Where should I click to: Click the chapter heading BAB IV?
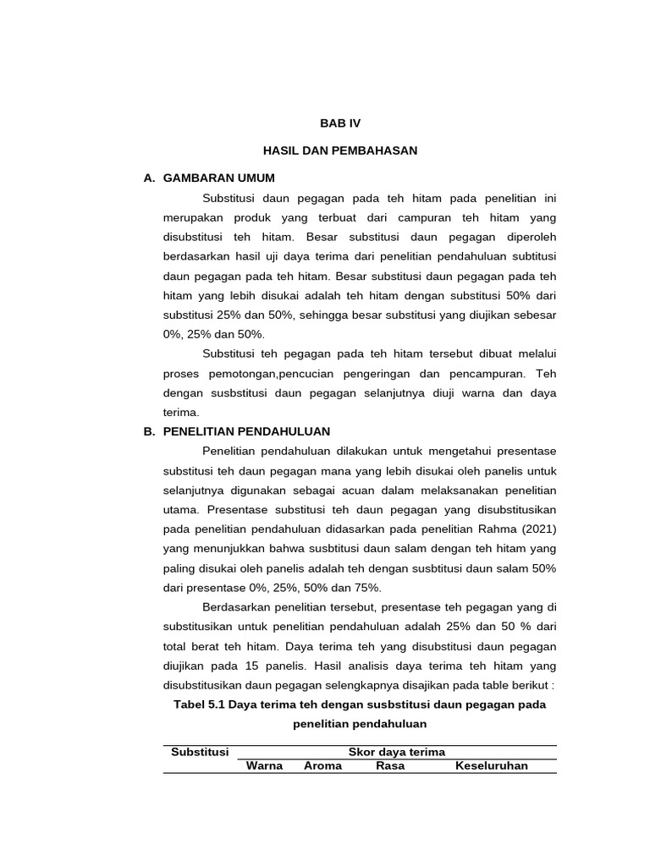point(339,123)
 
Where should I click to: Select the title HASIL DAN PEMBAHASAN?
point(339,150)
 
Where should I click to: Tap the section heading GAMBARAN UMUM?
point(218,178)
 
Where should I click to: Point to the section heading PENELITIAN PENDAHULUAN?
point(246,431)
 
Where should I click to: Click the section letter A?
point(149,178)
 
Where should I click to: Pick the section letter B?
point(149,431)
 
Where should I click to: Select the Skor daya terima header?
point(397,752)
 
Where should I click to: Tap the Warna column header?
point(264,766)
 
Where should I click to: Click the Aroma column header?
point(322,766)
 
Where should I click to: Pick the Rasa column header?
point(390,766)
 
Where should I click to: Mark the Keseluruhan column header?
point(492,766)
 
